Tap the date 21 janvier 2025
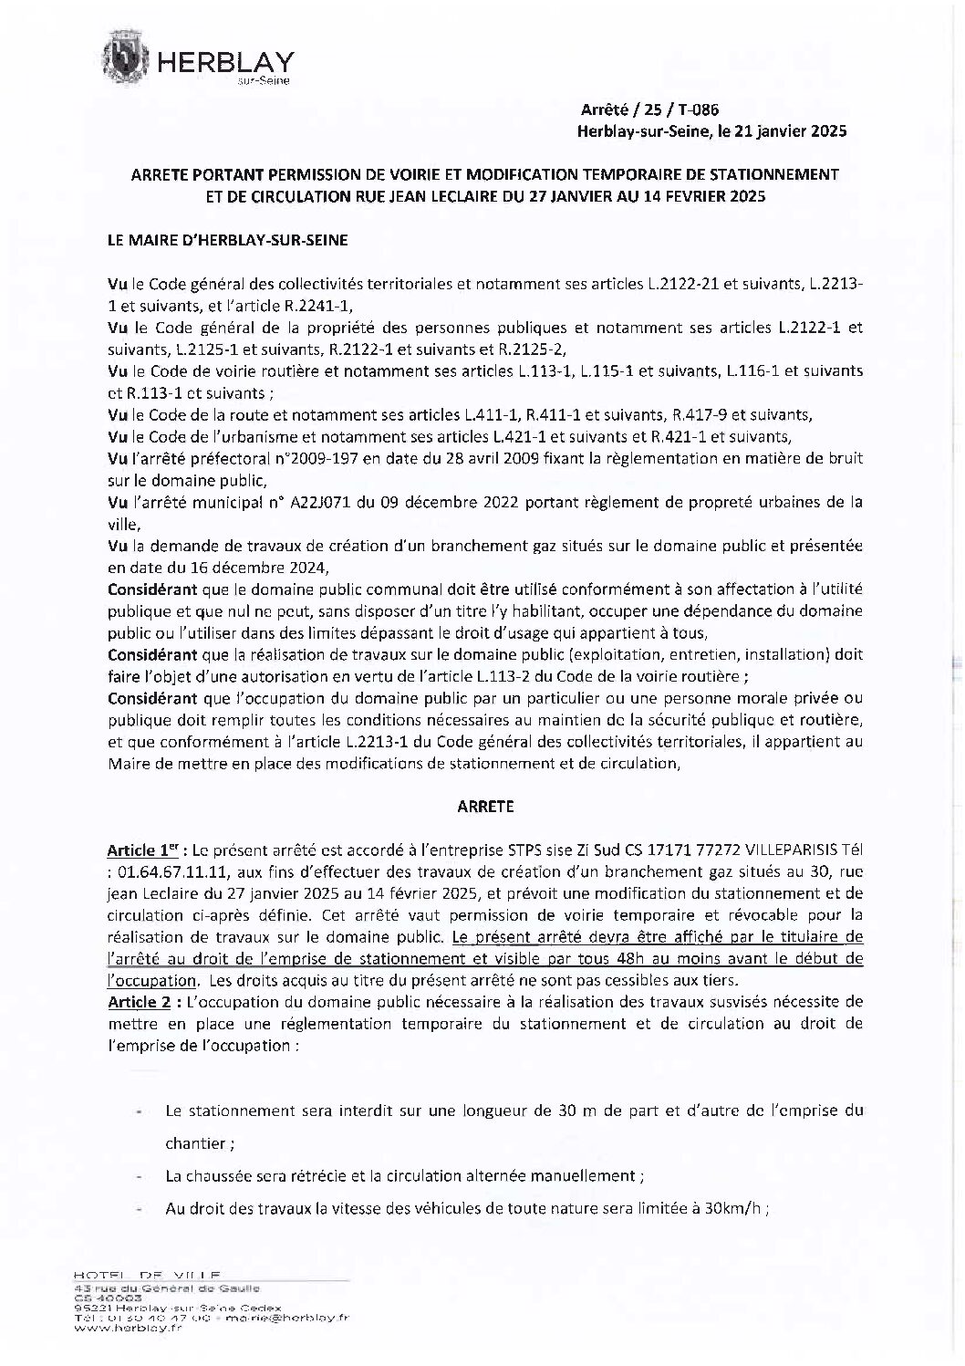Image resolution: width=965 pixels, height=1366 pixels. tap(791, 130)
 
